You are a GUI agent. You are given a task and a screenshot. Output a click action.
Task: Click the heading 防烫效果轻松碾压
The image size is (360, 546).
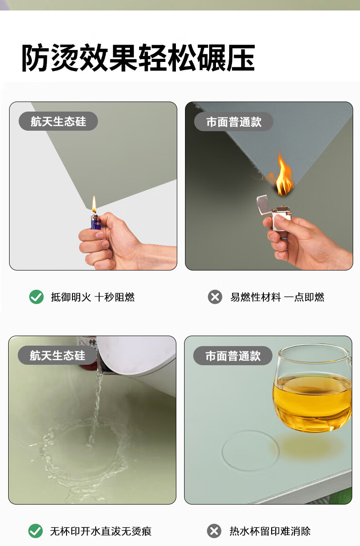(138, 58)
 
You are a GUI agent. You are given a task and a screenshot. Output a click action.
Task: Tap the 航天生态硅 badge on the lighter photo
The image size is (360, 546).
(58, 121)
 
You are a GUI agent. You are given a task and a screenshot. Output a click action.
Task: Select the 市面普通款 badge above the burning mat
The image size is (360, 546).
(233, 122)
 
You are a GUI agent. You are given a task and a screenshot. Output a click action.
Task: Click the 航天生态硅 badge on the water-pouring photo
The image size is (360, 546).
(57, 355)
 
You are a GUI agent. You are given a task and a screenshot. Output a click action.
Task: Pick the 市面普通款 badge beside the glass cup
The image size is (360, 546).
(233, 356)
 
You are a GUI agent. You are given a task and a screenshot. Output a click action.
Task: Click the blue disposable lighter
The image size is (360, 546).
(96, 222)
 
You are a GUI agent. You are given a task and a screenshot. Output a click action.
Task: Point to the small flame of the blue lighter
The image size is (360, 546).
(94, 204)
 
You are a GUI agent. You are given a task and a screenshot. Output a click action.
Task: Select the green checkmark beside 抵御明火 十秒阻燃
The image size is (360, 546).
(36, 297)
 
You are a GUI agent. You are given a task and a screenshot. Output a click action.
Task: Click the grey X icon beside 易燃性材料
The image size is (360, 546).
(215, 297)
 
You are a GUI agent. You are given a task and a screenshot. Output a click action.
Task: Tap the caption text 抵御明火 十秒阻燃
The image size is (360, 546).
(93, 297)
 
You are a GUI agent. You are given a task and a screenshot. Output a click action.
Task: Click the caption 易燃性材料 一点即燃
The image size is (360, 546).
(277, 297)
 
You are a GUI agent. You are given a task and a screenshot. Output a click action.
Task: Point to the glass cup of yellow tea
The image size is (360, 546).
(313, 388)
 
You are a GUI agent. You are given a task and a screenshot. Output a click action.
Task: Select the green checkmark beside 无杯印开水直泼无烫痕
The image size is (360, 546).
(36, 531)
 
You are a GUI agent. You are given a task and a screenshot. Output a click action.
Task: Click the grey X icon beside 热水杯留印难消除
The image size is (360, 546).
(214, 531)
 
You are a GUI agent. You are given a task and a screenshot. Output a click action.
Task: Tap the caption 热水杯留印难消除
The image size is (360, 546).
(270, 531)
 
